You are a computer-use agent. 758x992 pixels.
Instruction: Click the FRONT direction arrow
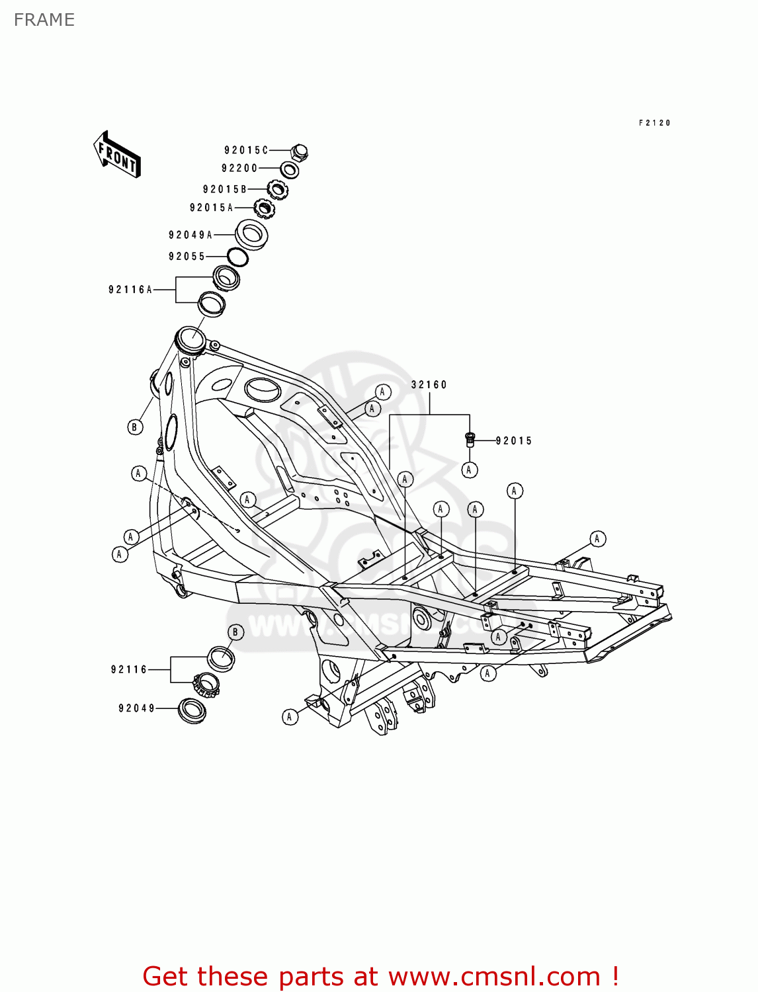point(117,154)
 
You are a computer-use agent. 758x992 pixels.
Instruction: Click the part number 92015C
point(246,150)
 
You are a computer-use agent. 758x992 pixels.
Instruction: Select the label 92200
point(239,169)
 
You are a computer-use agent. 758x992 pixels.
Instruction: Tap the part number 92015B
point(225,189)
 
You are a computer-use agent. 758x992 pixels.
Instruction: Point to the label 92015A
point(212,208)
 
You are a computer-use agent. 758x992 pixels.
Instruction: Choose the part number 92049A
point(190,235)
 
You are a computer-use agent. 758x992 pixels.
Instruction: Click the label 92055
point(187,257)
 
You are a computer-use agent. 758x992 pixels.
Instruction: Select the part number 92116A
point(130,290)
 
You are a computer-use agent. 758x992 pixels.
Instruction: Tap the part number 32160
point(429,385)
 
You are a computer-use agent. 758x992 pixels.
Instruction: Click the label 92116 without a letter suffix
point(129,669)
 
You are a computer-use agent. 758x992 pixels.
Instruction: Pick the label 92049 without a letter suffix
point(137,708)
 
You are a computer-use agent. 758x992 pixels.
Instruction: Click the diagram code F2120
point(655,123)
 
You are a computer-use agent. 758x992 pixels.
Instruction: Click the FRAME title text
point(44,20)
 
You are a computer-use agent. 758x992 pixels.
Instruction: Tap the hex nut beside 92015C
point(299,152)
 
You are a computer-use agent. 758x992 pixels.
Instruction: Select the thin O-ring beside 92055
point(237,257)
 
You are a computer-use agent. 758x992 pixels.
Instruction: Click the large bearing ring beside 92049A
point(251,233)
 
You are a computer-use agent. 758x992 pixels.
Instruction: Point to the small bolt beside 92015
point(470,439)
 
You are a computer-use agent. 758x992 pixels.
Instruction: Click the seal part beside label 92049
point(192,710)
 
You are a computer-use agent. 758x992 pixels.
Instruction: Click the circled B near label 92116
point(235,632)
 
